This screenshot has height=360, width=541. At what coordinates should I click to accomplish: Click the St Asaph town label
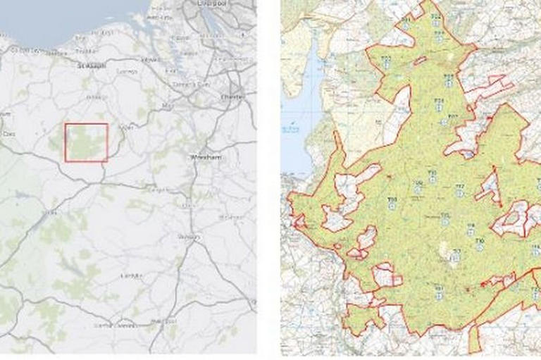(x=92, y=64)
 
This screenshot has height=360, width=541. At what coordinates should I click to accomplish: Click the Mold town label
(x=168, y=106)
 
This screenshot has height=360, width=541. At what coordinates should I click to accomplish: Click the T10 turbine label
(x=432, y=172)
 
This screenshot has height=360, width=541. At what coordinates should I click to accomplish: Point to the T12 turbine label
(x=459, y=187)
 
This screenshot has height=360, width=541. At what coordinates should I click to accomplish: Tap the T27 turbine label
(x=453, y=116)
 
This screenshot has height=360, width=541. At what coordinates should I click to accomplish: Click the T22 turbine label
(x=436, y=16)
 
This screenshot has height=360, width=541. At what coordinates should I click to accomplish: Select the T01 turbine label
(x=438, y=288)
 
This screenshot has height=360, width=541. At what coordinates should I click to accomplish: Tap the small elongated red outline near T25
(x=420, y=61)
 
